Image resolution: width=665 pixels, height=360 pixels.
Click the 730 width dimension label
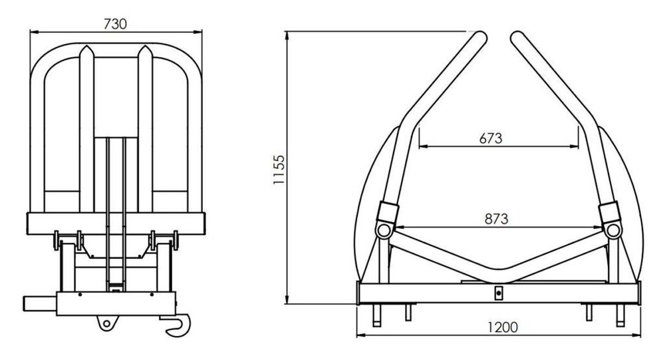pos(115,24)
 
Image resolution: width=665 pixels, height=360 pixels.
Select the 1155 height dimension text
pos(279,170)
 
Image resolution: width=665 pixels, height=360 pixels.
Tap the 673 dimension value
pos(491,138)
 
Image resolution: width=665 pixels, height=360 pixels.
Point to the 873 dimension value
pos(496,219)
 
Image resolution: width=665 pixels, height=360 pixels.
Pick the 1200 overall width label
pos(503,327)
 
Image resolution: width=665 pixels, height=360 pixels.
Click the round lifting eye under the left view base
pos(106,323)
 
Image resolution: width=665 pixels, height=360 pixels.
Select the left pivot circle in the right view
pos(384,230)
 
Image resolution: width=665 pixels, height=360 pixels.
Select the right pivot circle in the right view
pos(613,230)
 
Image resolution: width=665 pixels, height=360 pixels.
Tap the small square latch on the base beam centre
pos(499,293)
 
